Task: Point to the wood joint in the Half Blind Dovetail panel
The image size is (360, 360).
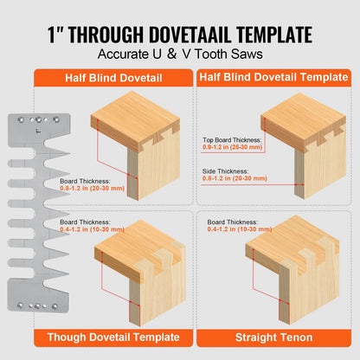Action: click(133, 147)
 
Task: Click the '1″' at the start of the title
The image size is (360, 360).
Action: click(57, 35)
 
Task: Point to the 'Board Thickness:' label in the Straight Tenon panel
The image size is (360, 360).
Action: click(229, 222)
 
